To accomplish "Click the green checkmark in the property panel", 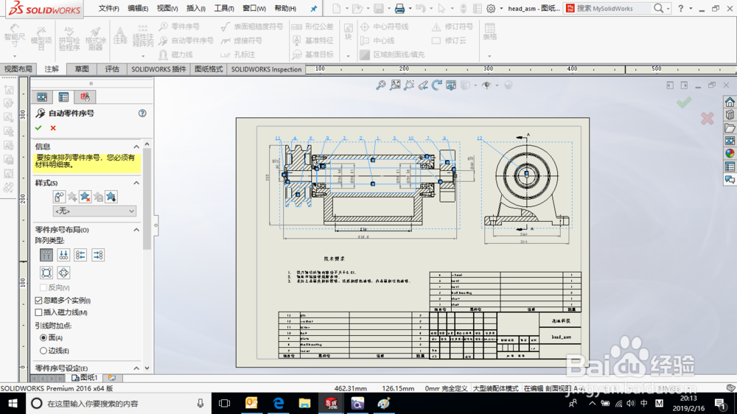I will pyautogui.click(x=38, y=128).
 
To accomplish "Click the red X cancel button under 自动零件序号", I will pyautogui.click(x=53, y=128).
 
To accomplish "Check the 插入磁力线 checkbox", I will pyautogui.click(x=39, y=313).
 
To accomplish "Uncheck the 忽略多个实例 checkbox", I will pyautogui.click(x=39, y=301).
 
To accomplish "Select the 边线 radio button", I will pyautogui.click(x=43, y=351).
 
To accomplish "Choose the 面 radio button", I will pyautogui.click(x=43, y=337).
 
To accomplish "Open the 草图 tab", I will pyautogui.click(x=82, y=69).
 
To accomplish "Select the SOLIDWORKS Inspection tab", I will pyautogui.click(x=266, y=69).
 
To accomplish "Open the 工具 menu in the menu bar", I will pyautogui.click(x=224, y=9).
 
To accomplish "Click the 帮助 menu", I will pyautogui.click(x=284, y=9).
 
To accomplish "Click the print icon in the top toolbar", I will pyautogui.click(x=399, y=9).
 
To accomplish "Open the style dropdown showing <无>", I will pyautogui.click(x=95, y=211).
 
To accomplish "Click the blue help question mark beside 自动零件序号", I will pyautogui.click(x=142, y=113).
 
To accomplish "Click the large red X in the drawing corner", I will pyautogui.click(x=707, y=118).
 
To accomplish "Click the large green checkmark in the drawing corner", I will pyautogui.click(x=684, y=103).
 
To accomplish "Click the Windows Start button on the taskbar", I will pyautogui.click(x=13, y=403).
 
